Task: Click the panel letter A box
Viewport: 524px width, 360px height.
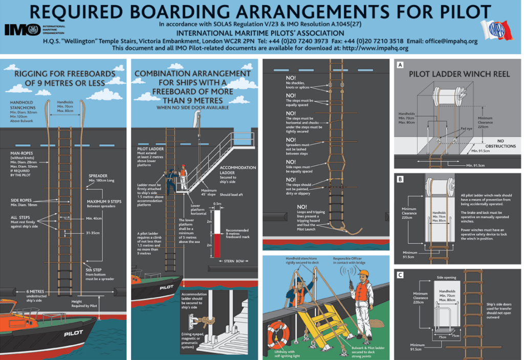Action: tap(400, 65)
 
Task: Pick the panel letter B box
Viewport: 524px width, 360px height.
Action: tap(400, 179)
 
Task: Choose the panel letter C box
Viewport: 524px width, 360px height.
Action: tap(400, 274)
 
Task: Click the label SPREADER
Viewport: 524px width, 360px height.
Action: tap(98, 176)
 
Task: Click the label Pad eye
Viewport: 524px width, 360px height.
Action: tap(466, 129)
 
